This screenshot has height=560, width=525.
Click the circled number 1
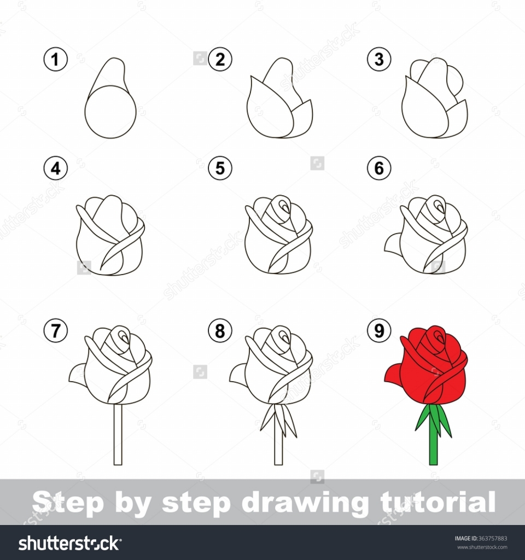(55, 60)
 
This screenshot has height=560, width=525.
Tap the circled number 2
(220, 60)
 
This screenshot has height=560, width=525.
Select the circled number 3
(379, 60)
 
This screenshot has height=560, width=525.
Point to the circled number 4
(55, 169)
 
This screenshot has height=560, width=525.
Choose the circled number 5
(220, 169)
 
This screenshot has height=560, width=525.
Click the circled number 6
(379, 169)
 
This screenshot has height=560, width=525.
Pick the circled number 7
(55, 330)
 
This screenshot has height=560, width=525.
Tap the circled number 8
(220, 330)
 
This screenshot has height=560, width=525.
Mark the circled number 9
(379, 330)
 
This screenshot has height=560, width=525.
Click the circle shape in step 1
(110, 112)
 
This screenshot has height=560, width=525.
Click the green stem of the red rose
(433, 443)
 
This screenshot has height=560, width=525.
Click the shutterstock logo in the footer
(69, 543)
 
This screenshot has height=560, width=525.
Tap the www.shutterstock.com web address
(482, 547)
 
